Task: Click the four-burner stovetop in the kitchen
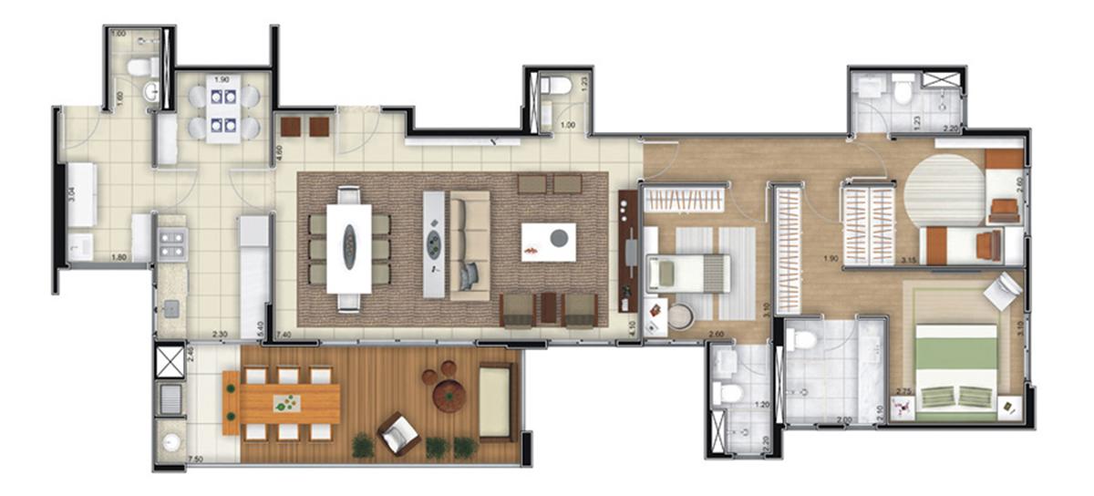tap(172, 243)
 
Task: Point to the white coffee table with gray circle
tap(549, 241)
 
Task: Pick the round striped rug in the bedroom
tap(944, 190)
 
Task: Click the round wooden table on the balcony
tap(448, 394)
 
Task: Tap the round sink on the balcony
tap(170, 444)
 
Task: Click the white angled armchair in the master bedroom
tap(1003, 293)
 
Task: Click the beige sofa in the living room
tap(470, 244)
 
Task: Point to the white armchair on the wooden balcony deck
tap(398, 432)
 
